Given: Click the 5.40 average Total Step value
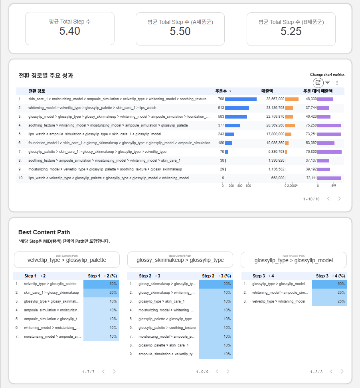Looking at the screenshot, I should pos(70,31).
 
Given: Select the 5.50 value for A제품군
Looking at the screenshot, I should pos(180,32).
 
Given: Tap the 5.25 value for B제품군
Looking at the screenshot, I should pos(291,32).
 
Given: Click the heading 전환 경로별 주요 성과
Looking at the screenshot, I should pos(46,75).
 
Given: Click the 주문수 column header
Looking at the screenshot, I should pos(222,91).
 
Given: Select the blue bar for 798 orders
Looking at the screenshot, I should pos(241,99).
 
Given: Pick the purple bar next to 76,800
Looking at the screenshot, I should pos(330,152).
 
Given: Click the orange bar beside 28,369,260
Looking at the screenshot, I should pos(290,125).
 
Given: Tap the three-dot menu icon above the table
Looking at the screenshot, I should pos(337,83).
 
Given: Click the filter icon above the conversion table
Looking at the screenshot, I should pos(327,83).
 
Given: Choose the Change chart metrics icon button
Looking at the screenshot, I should pos(318,83).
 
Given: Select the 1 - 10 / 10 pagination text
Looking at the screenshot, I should pos(311,199).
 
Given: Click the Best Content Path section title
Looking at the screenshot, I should pos(44,232).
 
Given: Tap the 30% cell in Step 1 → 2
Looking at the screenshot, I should pos(101,284).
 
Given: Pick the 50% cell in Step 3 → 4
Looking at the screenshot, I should pos(330,284).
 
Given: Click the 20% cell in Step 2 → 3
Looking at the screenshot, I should pos(216,284).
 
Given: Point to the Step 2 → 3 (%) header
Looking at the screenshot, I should pos(216,276).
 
